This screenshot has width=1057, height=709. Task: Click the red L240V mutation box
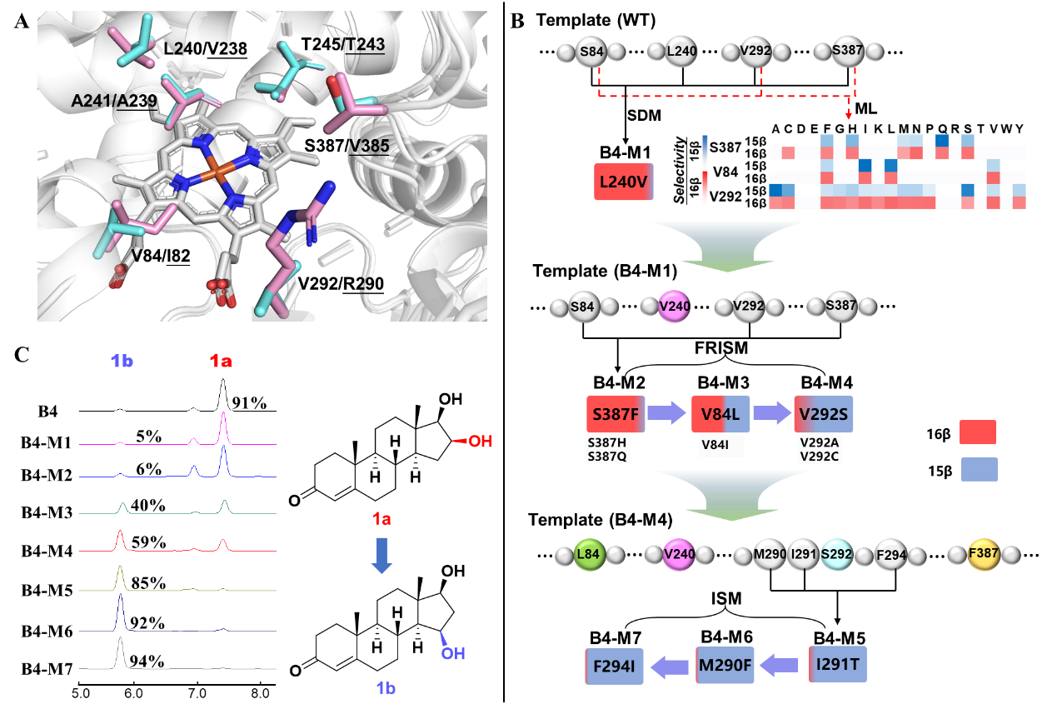click(624, 182)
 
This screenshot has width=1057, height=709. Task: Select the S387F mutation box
click(616, 414)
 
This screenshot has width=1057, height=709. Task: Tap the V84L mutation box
click(720, 414)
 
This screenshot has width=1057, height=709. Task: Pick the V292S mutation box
click(824, 414)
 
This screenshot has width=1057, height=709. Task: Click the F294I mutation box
click(615, 666)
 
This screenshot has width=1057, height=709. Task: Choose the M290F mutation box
click(725, 666)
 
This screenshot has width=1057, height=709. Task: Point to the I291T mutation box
click(837, 665)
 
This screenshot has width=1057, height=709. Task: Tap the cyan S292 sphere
click(836, 554)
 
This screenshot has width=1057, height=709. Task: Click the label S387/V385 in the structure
click(347, 146)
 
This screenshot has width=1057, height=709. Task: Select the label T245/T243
click(344, 44)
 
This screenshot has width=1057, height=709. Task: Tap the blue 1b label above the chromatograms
click(122, 361)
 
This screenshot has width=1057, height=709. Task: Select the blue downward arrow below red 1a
click(381, 555)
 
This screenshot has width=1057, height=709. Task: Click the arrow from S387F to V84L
click(666, 414)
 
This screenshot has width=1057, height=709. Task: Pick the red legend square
click(978, 432)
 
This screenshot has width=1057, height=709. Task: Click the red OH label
click(479, 441)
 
